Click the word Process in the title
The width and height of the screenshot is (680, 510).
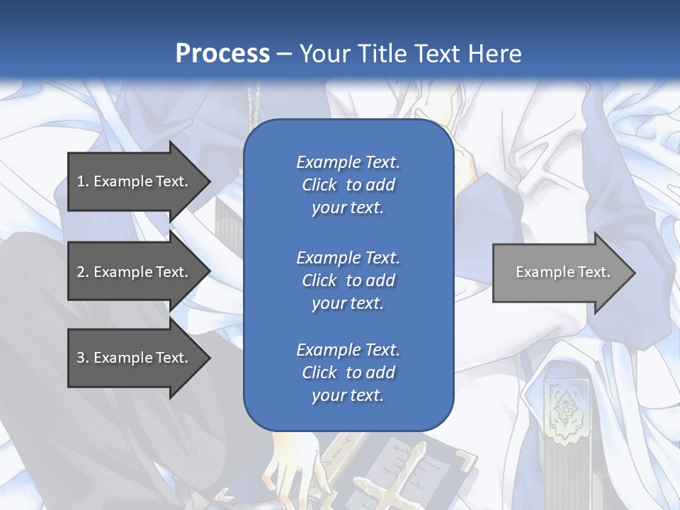[222, 54]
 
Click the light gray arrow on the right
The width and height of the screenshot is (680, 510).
[560, 273]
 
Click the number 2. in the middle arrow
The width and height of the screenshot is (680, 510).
[83, 272]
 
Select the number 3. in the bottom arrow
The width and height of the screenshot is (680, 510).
[83, 358]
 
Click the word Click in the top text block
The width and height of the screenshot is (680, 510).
[319, 185]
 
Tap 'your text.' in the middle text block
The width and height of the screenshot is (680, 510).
[348, 303]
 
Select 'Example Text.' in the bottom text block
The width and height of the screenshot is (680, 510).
[348, 350]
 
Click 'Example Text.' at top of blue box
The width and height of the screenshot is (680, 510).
[348, 162]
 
